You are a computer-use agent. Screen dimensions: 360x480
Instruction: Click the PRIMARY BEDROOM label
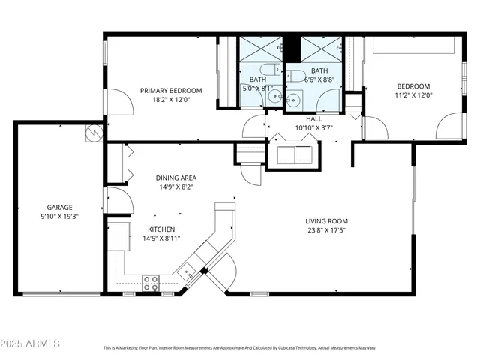[x=166, y=90]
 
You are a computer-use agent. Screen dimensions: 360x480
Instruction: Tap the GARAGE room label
[x=59, y=207]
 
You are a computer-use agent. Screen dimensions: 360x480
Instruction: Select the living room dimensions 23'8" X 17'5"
[x=326, y=230]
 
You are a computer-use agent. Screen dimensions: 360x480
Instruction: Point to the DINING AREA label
[x=176, y=178]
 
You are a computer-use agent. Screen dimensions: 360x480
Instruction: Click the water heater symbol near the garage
[x=94, y=132]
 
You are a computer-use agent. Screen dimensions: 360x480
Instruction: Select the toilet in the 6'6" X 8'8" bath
[x=297, y=76]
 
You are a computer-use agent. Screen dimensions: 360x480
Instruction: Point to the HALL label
[x=314, y=118]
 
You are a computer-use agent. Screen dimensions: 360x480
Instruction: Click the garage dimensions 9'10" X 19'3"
[x=59, y=216]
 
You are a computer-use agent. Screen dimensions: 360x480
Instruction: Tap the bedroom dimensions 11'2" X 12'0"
[x=413, y=95]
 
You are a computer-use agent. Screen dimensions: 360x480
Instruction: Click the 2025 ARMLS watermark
[x=31, y=343]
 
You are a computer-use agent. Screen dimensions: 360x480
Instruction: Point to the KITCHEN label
[x=161, y=229]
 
